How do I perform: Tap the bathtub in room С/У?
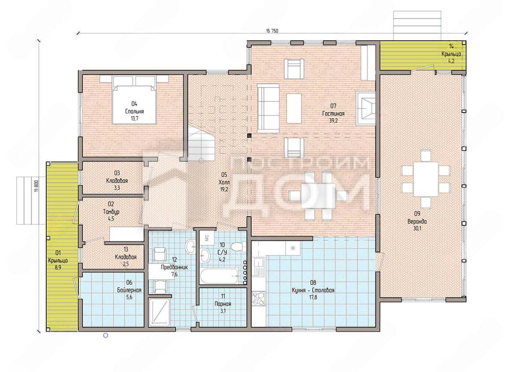(219, 276)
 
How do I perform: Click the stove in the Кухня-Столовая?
(258, 299)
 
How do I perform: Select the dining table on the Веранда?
(426, 179)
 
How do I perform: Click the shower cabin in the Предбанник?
(159, 312)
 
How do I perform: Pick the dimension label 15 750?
(272, 30)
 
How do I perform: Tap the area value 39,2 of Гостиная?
(334, 120)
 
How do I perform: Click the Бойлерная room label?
(129, 290)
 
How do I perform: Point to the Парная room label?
(223, 304)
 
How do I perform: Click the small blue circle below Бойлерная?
(106, 335)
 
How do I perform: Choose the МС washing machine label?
(207, 237)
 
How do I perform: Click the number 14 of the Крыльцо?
(451, 46)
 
